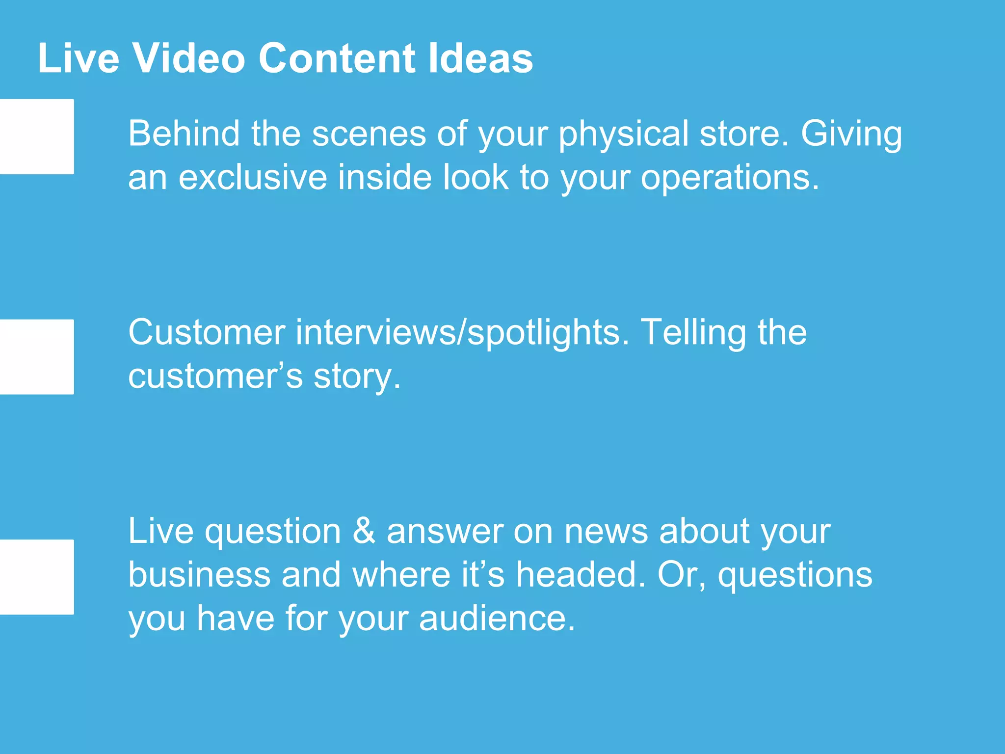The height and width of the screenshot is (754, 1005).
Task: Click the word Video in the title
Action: pos(189,58)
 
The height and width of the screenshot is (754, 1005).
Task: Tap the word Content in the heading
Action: pos(337,58)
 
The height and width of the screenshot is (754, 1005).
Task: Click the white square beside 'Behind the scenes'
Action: pos(37,136)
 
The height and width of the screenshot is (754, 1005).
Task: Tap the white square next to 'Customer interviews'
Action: pos(37,357)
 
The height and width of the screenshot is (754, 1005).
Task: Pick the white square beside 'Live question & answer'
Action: pos(37,577)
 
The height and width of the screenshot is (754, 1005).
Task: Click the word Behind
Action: pos(184,134)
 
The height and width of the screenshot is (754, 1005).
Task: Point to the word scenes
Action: pos(369,134)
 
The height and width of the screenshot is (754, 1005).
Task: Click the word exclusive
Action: pos(253,177)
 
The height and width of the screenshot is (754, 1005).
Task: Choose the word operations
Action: pos(730,178)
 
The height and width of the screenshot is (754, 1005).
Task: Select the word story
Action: pos(357,377)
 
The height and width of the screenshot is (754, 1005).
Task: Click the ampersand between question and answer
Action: pos(364,531)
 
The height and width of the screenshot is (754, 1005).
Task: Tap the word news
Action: pos(606,531)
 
